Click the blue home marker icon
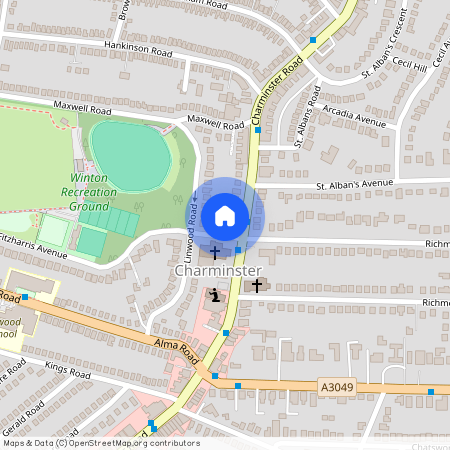click(225, 216)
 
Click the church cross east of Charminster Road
click(257, 286)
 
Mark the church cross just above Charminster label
click(214, 253)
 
